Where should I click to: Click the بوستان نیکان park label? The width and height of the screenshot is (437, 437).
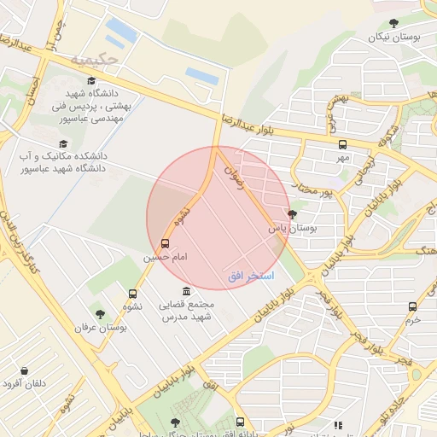[393, 37]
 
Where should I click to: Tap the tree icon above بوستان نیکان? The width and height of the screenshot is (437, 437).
[393, 23]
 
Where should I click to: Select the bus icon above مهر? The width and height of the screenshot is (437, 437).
[342, 144]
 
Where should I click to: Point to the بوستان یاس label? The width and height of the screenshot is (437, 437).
[293, 229]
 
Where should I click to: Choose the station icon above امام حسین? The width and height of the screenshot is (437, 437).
[165, 243]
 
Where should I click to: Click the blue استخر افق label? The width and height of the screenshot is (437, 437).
[251, 277]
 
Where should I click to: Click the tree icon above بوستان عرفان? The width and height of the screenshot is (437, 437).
[100, 314]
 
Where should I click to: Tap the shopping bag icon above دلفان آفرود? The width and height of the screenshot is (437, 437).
[24, 370]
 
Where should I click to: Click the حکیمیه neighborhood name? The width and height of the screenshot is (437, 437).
[90, 61]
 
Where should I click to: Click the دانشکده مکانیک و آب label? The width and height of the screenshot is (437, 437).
[62, 162]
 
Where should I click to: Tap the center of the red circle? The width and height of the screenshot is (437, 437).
[218, 218]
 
